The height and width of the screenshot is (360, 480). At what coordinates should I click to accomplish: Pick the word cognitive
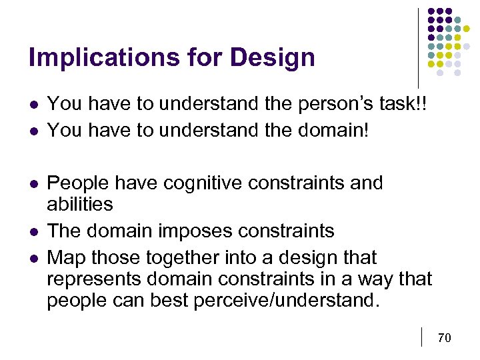[204, 183]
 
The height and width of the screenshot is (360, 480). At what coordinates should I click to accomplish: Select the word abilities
[79, 203]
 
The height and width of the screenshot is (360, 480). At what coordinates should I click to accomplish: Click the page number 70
[444, 338]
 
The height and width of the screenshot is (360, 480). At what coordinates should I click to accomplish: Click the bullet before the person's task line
[33, 105]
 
